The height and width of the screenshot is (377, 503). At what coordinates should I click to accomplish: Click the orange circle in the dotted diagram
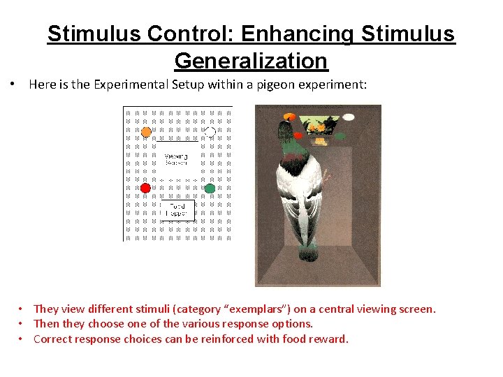click(x=146, y=131)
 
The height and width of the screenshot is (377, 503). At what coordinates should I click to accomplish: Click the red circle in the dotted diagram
click(x=145, y=188)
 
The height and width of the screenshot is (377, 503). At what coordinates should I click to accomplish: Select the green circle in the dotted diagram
click(x=210, y=188)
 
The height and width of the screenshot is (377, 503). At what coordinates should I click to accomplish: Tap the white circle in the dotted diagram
click(x=209, y=131)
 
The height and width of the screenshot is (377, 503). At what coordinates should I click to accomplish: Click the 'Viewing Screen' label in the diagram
click(x=175, y=159)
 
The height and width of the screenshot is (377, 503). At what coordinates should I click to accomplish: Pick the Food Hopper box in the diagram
click(x=177, y=209)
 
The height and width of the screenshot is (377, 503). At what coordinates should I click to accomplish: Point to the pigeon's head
click(x=286, y=131)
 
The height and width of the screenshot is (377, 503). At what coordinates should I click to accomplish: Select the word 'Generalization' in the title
click(x=251, y=61)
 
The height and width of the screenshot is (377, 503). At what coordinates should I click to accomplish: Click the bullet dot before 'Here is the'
click(x=13, y=84)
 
